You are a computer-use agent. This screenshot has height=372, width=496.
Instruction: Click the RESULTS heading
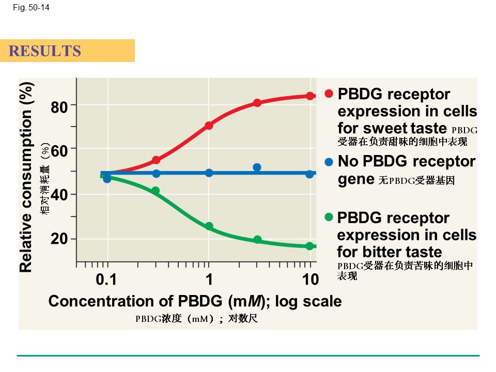click(45, 51)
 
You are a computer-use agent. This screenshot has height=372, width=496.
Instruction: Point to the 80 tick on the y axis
click(59, 107)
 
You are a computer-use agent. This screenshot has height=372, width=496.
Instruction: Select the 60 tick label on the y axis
click(59, 151)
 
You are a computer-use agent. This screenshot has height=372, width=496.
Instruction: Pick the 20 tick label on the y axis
click(59, 240)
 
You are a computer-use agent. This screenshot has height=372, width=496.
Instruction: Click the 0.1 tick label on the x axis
click(106, 280)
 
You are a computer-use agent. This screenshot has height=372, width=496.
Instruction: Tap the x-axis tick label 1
click(209, 280)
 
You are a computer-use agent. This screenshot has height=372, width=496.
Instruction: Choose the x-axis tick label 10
click(311, 280)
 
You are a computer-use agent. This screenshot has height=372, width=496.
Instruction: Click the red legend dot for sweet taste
click(329, 94)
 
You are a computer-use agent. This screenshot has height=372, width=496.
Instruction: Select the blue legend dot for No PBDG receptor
click(329, 162)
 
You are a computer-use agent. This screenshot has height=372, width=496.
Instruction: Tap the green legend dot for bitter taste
click(329, 218)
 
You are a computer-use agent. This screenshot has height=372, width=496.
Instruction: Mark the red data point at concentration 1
click(209, 126)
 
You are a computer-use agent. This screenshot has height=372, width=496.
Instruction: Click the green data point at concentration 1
click(209, 226)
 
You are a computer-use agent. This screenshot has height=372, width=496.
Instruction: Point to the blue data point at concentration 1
click(209, 173)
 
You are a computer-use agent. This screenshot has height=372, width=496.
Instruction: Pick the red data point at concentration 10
click(310, 96)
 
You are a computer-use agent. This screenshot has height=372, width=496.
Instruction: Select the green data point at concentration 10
click(310, 246)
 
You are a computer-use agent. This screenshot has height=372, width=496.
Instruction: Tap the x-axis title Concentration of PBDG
click(195, 301)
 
